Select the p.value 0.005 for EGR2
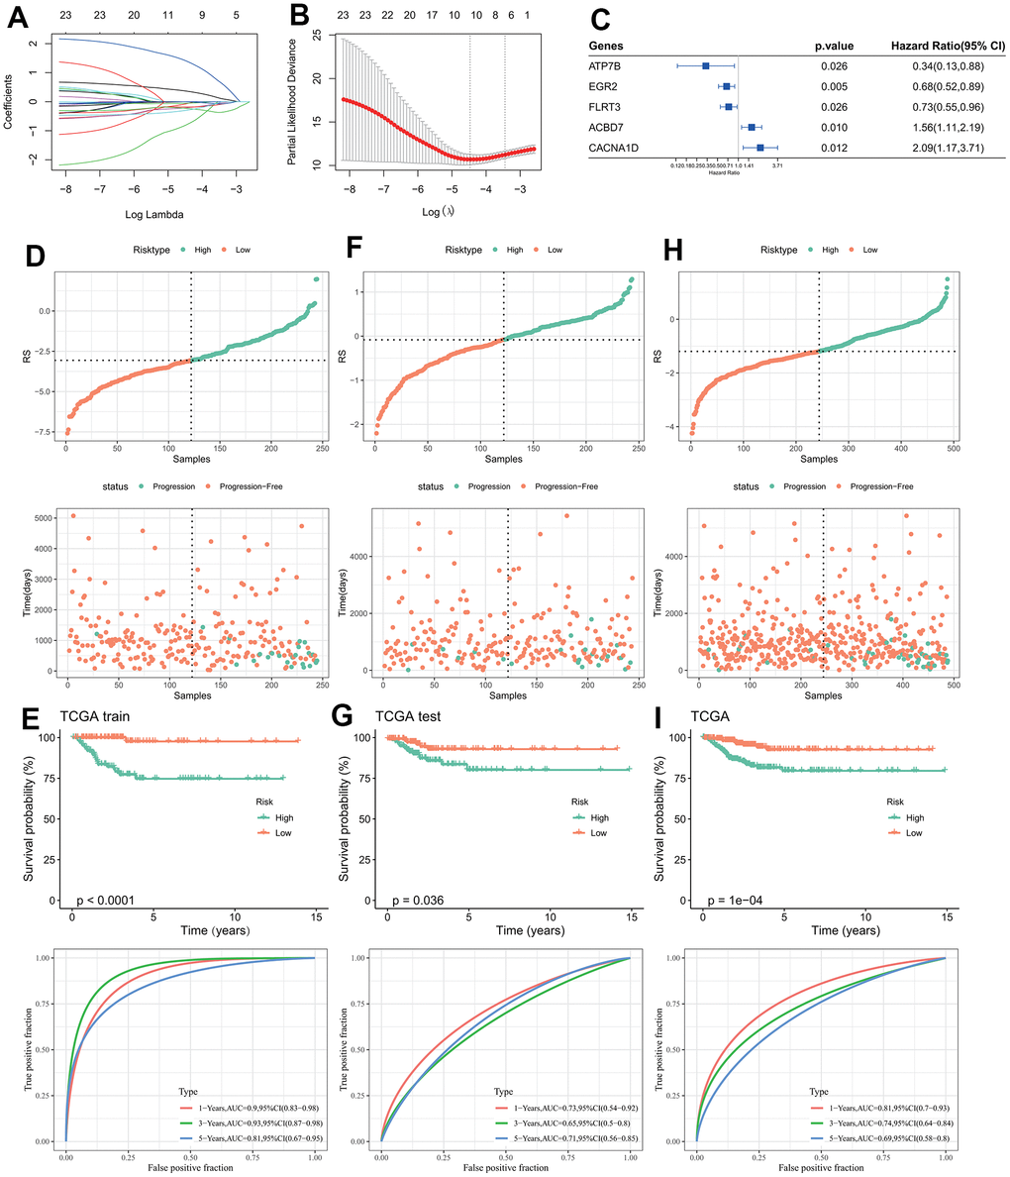pyautogui.click(x=834, y=86)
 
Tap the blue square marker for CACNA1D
pyautogui.click(x=760, y=148)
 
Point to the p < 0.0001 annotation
pyautogui.click(x=107, y=900)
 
